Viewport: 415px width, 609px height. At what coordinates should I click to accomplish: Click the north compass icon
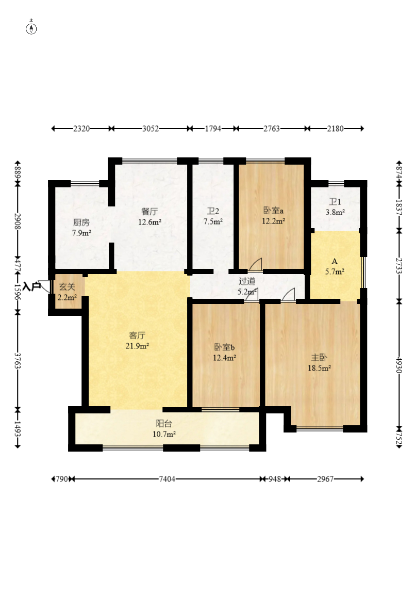coord(31,28)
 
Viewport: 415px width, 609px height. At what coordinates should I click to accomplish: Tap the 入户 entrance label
coord(31,286)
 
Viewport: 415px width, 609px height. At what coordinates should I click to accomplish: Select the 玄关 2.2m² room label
coord(67,292)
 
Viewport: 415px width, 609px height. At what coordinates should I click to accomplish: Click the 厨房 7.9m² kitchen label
coord(81,228)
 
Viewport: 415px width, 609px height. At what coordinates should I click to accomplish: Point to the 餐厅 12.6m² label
coord(150,217)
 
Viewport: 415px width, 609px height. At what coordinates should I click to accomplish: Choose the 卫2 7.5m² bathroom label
coord(213,216)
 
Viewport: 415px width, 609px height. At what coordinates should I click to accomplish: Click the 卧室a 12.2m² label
coord(273,216)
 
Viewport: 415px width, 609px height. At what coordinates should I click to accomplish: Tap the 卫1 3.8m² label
coord(335,207)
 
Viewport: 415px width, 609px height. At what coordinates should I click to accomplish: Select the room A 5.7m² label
coord(335,267)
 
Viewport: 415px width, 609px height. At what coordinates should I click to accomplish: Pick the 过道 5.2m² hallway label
coord(247,286)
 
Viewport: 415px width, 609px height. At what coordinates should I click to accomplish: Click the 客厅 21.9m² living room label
coord(137,340)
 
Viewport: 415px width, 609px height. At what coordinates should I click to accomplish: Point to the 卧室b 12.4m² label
coord(225,352)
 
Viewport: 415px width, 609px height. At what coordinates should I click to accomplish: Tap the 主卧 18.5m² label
coord(319,363)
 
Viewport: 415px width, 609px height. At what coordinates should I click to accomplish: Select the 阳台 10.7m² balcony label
coord(164,429)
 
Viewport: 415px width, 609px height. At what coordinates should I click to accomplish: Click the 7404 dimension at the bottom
coord(167,479)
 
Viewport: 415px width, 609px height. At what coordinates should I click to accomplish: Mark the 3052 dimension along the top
coord(151,129)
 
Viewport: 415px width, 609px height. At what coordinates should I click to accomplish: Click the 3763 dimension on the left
coord(18,360)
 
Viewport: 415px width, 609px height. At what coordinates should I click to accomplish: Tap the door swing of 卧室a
coord(256,264)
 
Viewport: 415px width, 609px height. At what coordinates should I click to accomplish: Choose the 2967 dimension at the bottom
coord(325,479)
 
